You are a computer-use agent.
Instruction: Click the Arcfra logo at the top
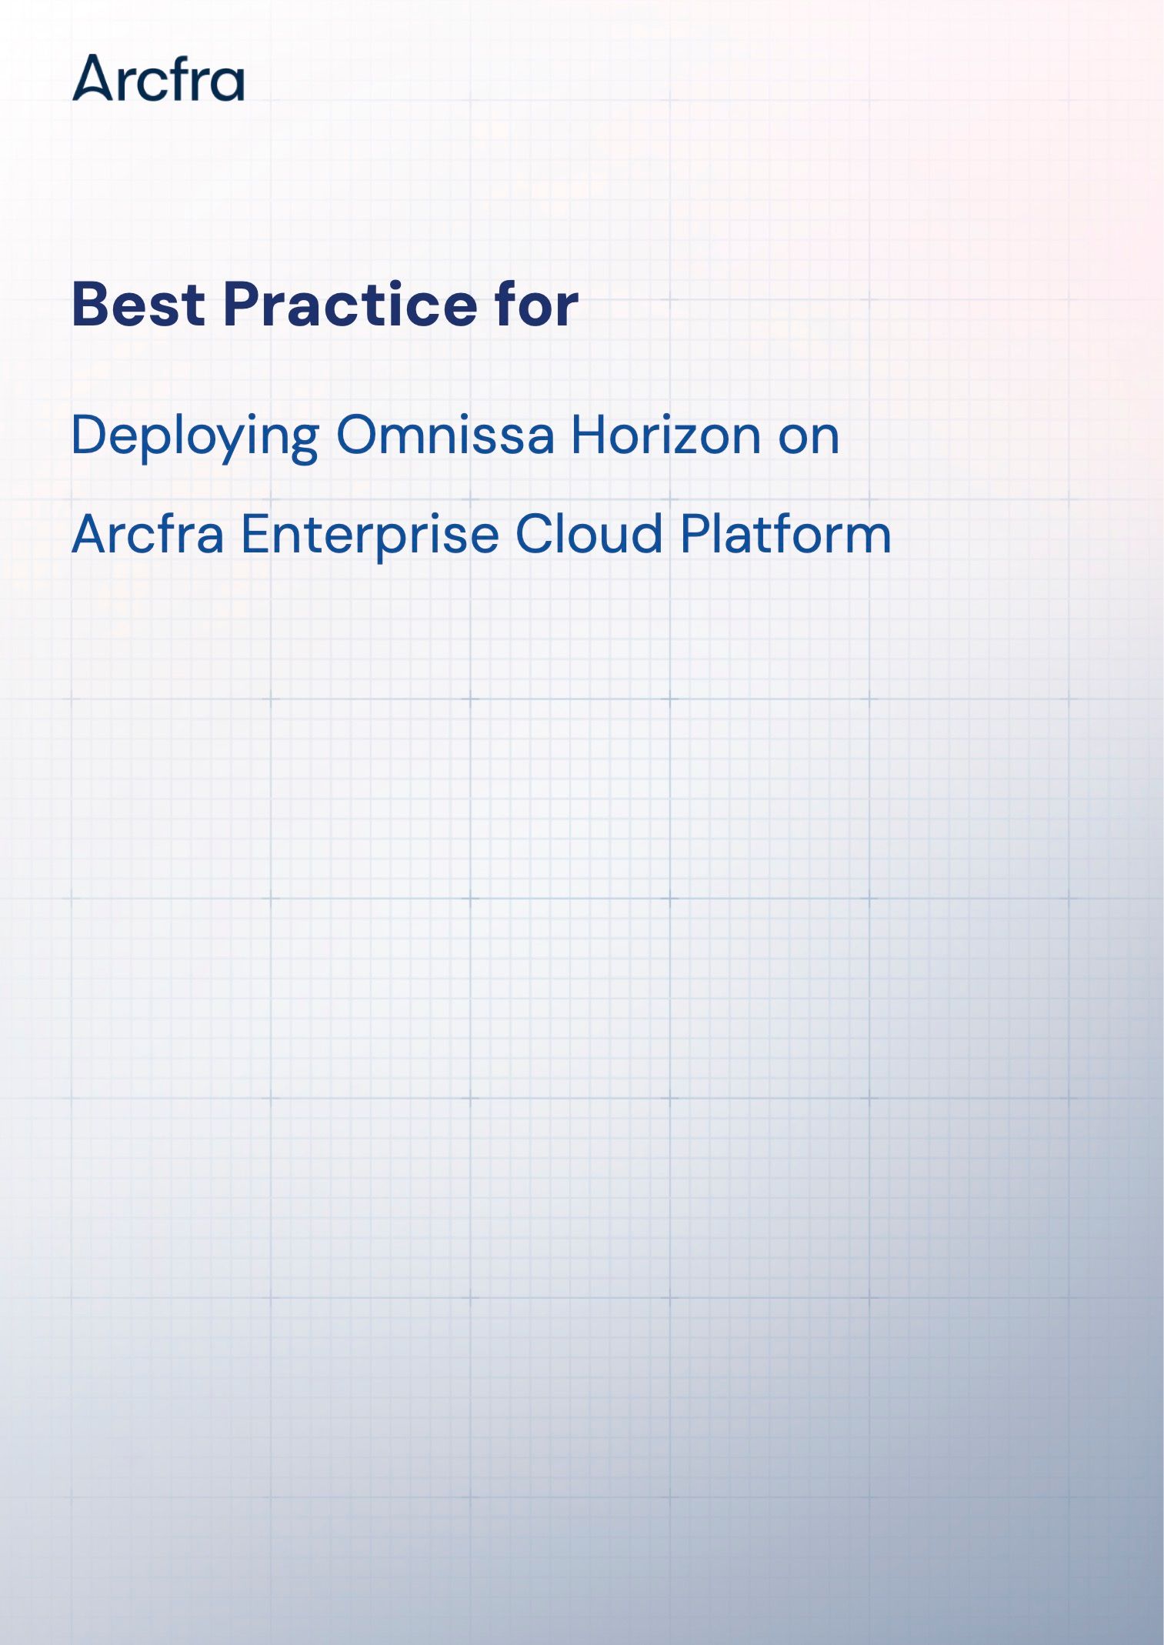[158, 78]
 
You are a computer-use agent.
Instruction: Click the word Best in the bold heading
[138, 304]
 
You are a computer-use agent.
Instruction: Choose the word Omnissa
[445, 435]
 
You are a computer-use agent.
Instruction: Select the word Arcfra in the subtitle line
[148, 533]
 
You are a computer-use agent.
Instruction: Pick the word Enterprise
[370, 536]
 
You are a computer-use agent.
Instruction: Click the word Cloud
[589, 533]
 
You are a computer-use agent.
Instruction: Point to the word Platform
[786, 533]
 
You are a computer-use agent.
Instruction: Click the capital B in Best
[91, 304]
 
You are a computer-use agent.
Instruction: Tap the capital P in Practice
[242, 304]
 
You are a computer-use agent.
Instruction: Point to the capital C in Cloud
[536, 533]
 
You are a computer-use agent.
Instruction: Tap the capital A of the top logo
[93, 78]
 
